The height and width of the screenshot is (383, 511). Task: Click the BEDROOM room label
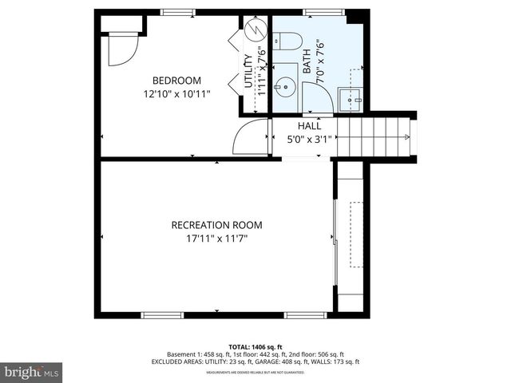[176, 81]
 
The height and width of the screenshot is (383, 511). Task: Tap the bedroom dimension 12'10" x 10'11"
[176, 93]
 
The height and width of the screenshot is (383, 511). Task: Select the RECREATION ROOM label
[216, 225]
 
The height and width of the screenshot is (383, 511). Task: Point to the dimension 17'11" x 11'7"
[216, 238]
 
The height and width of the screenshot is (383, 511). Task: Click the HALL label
[309, 126]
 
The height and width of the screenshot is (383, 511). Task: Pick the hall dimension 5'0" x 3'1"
[309, 139]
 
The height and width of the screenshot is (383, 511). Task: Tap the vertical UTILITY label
[248, 70]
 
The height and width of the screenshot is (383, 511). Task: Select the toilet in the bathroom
[289, 40]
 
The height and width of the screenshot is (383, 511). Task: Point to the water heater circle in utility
[253, 31]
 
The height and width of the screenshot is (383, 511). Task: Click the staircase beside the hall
[373, 136]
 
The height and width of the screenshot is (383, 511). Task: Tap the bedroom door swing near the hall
[249, 139]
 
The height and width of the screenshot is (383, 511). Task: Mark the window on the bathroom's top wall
[316, 12]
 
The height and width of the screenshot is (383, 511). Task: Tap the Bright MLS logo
[32, 372]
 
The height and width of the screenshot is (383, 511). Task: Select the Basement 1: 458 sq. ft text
[198, 353]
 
